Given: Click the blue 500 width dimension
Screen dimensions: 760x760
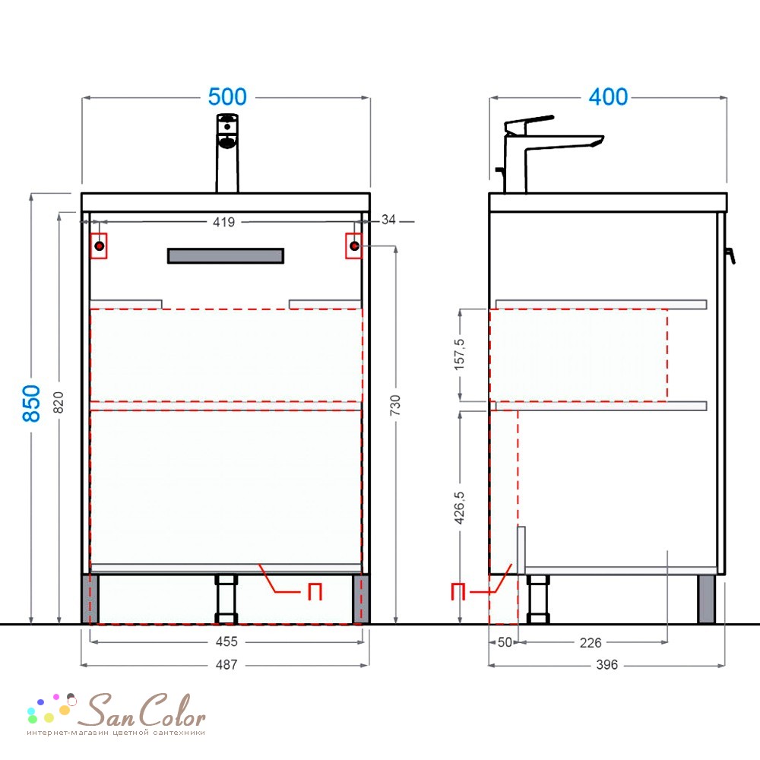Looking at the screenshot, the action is coord(227,97).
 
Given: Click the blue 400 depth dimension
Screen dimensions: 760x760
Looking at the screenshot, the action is coord(608,97).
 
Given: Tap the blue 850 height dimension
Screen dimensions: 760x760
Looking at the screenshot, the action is coord(31,404).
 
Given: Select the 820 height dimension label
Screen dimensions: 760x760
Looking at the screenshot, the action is coord(59,402).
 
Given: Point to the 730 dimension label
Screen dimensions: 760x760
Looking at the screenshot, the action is coord(395,405).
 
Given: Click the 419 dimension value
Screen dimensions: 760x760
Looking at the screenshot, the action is coord(224,222).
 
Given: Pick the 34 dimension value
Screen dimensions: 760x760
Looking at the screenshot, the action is coord(388,220).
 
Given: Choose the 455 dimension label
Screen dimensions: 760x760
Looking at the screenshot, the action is coord(226,641).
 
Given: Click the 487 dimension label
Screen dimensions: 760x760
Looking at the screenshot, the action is coord(226,664).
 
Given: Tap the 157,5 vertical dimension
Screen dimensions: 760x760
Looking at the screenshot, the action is coord(459,354).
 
